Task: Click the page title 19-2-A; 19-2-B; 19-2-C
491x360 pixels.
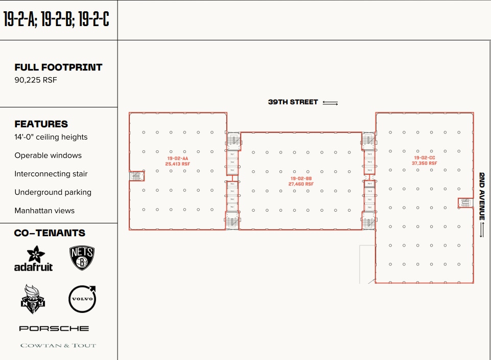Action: (x=56, y=19)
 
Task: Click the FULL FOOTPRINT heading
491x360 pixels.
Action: (x=58, y=67)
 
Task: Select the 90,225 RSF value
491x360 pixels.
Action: (x=36, y=80)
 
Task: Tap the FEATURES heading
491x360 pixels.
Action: (x=41, y=124)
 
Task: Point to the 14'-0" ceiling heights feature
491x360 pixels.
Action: (x=51, y=137)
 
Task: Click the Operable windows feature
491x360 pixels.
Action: (x=48, y=155)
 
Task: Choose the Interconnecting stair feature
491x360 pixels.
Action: (x=51, y=174)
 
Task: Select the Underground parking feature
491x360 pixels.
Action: (x=53, y=192)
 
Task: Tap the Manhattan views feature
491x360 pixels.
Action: (x=44, y=211)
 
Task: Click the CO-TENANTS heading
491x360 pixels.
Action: (x=50, y=233)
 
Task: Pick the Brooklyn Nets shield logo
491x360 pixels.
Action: (x=82, y=258)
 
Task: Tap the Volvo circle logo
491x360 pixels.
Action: (x=82, y=299)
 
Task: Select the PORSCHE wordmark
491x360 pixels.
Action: (x=54, y=328)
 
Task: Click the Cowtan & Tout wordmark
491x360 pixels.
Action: (x=58, y=346)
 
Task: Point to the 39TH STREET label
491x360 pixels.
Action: (x=293, y=102)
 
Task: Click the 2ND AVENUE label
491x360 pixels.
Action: (x=482, y=196)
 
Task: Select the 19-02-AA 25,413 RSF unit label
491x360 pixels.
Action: (x=178, y=161)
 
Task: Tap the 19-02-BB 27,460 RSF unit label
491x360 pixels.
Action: (x=301, y=181)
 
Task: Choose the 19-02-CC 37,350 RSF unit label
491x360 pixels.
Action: (x=424, y=161)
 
